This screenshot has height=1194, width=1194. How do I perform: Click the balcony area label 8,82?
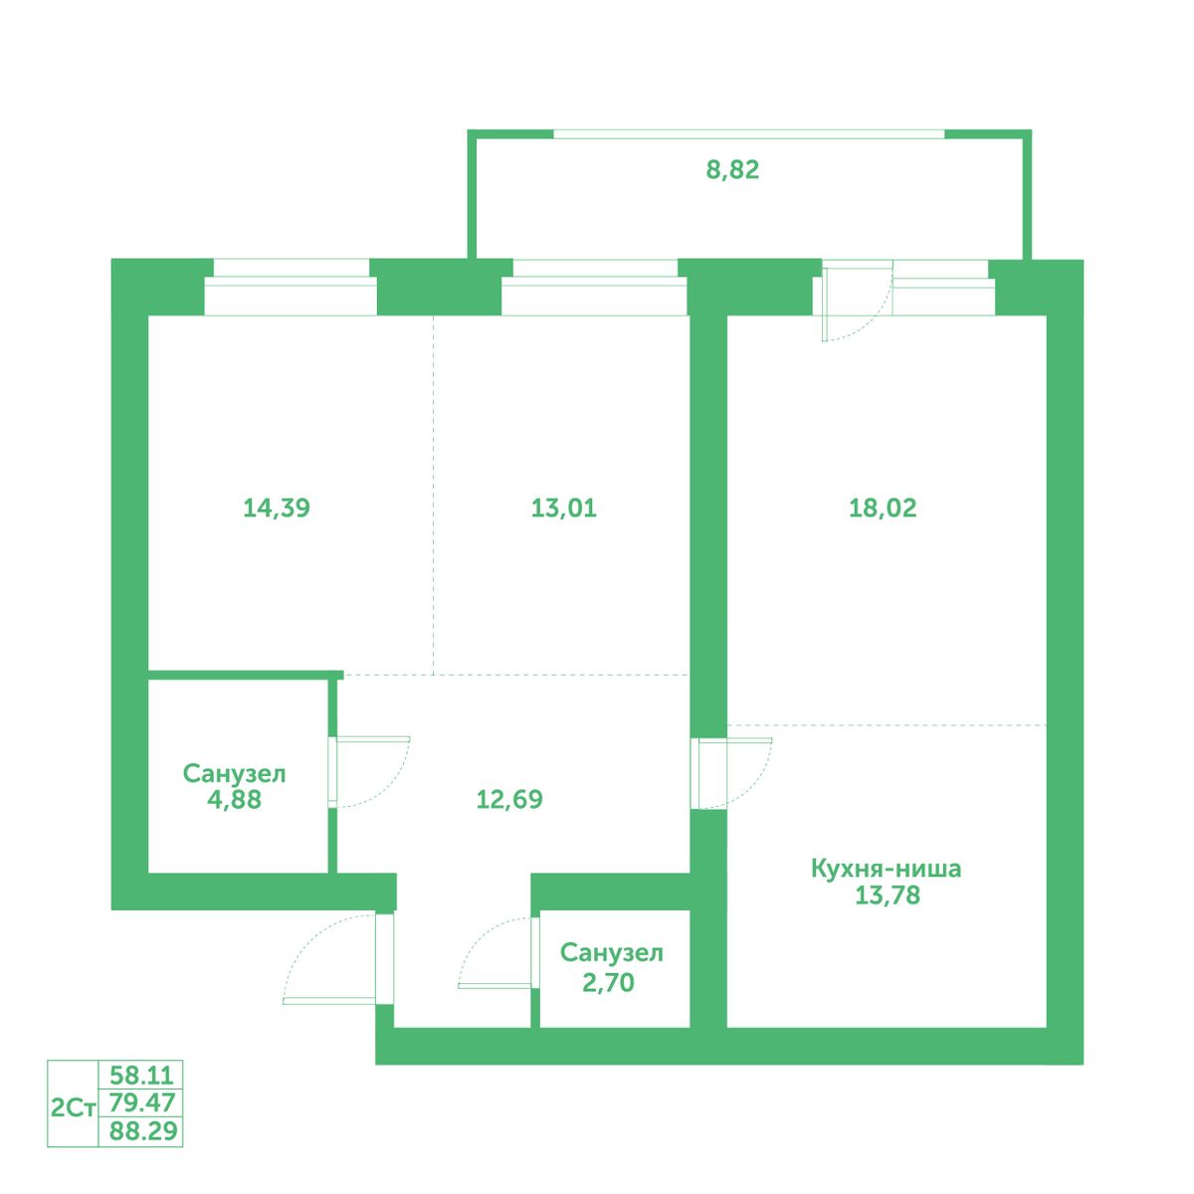(x=732, y=170)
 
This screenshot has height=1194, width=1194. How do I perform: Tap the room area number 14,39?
(x=277, y=508)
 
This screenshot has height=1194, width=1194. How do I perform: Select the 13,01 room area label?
(x=564, y=508)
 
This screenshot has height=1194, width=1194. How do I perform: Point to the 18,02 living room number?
(x=883, y=508)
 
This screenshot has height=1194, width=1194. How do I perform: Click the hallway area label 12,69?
(x=509, y=799)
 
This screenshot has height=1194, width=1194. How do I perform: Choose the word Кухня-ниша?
(x=887, y=869)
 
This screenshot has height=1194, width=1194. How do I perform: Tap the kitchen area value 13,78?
(x=888, y=895)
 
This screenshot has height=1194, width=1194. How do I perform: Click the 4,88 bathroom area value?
(x=234, y=799)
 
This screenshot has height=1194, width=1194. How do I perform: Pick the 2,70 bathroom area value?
(x=609, y=983)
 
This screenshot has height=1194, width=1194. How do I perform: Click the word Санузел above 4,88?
(x=234, y=773)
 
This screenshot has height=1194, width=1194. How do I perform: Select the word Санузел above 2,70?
(x=612, y=953)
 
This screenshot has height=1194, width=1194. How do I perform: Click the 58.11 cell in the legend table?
(x=142, y=1074)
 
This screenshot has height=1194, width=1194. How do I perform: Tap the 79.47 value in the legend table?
(x=142, y=1102)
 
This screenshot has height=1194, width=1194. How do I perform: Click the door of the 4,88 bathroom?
(x=369, y=772)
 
